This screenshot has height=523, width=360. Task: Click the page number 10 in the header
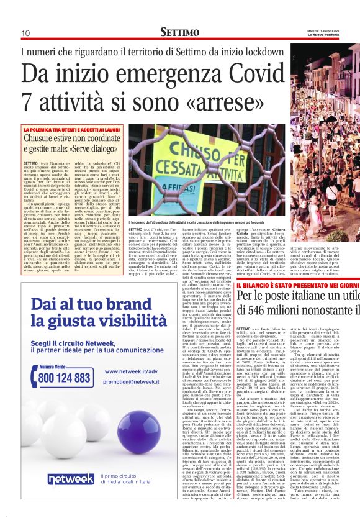25,33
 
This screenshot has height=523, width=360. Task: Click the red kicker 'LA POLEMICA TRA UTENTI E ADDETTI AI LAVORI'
71,130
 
